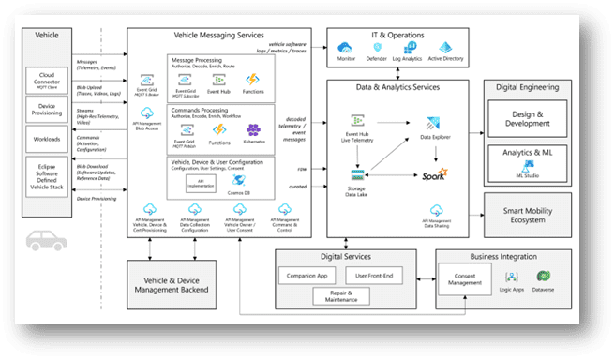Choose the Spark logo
point(433,175)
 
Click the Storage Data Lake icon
point(357,175)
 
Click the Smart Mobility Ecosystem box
point(532,212)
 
